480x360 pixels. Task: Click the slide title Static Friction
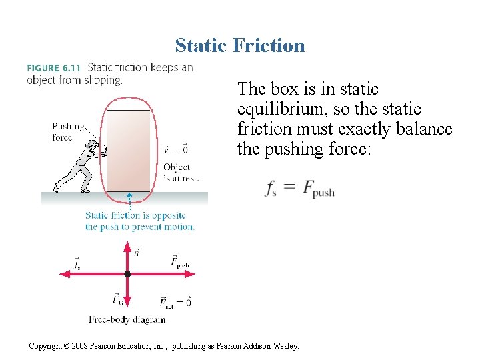click(x=240, y=45)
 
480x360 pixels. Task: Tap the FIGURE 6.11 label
click(x=54, y=67)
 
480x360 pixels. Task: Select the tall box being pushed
click(x=129, y=151)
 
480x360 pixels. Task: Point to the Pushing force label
click(x=69, y=132)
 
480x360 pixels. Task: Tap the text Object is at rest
click(x=181, y=173)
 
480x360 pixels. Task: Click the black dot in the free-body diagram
click(x=127, y=274)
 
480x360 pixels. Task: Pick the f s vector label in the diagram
click(x=78, y=264)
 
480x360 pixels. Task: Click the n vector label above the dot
click(x=137, y=252)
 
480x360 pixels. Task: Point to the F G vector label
click(x=117, y=298)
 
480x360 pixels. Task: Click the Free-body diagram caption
click(x=127, y=319)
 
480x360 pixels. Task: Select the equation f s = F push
click(x=299, y=189)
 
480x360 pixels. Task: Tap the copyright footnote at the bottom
click(x=164, y=346)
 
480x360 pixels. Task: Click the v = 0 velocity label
click(x=175, y=149)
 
